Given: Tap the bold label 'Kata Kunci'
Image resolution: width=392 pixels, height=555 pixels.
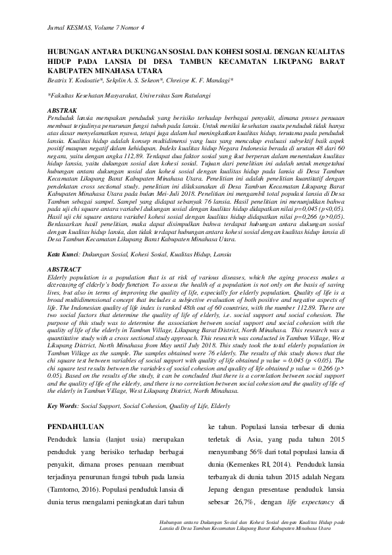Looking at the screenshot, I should point(64,253).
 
